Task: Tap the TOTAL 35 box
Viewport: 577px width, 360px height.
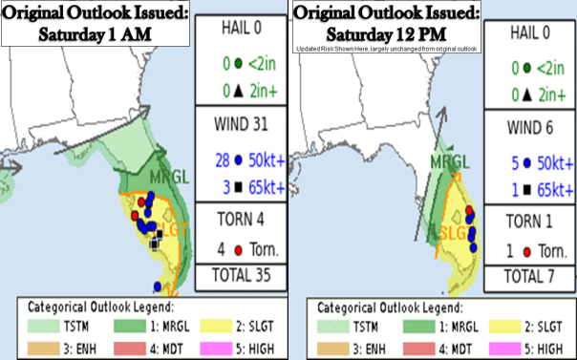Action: (x=232, y=276)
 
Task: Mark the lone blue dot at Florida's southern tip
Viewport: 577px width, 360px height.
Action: (x=157, y=286)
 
